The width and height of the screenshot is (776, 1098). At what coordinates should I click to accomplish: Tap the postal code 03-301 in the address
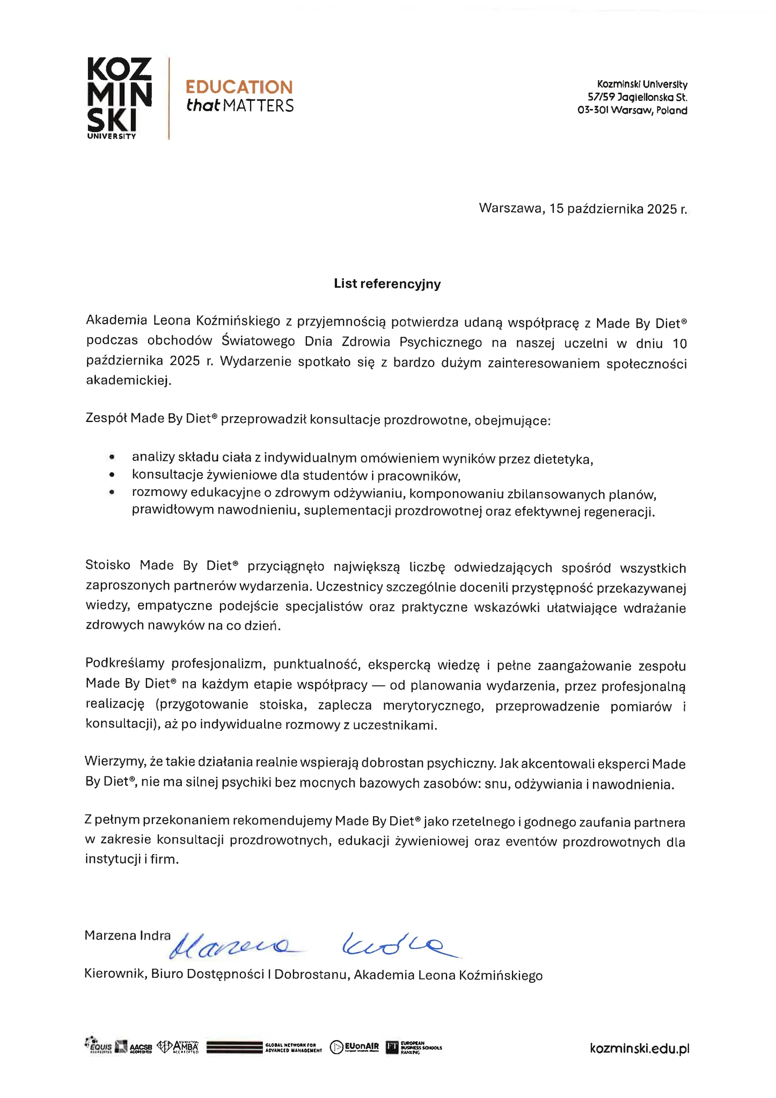click(x=593, y=111)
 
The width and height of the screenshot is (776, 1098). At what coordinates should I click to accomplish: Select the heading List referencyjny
click(x=387, y=284)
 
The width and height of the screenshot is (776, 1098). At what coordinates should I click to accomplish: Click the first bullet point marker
click(x=112, y=457)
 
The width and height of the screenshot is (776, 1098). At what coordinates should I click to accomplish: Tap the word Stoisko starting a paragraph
click(x=108, y=565)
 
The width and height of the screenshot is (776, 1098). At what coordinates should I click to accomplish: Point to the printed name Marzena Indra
click(x=127, y=935)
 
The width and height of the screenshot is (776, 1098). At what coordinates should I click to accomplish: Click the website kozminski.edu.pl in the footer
click(x=639, y=1048)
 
